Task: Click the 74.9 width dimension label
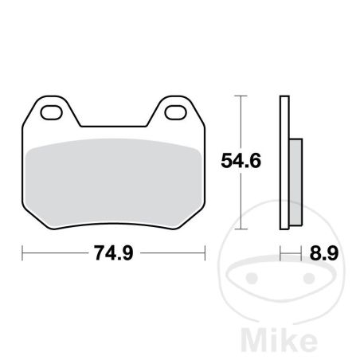pyautogui.click(x=114, y=253)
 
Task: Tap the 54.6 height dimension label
pyautogui.click(x=241, y=161)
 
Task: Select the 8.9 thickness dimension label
pyautogui.click(x=324, y=253)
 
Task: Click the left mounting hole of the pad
pyautogui.click(x=51, y=112)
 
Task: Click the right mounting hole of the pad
pyautogui.click(x=175, y=112)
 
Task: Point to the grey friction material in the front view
pyautogui.click(x=114, y=183)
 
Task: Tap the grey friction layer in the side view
pyautogui.click(x=295, y=182)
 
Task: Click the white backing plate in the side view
pyautogui.click(x=284, y=162)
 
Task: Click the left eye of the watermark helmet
pyautogui.click(x=252, y=277)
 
